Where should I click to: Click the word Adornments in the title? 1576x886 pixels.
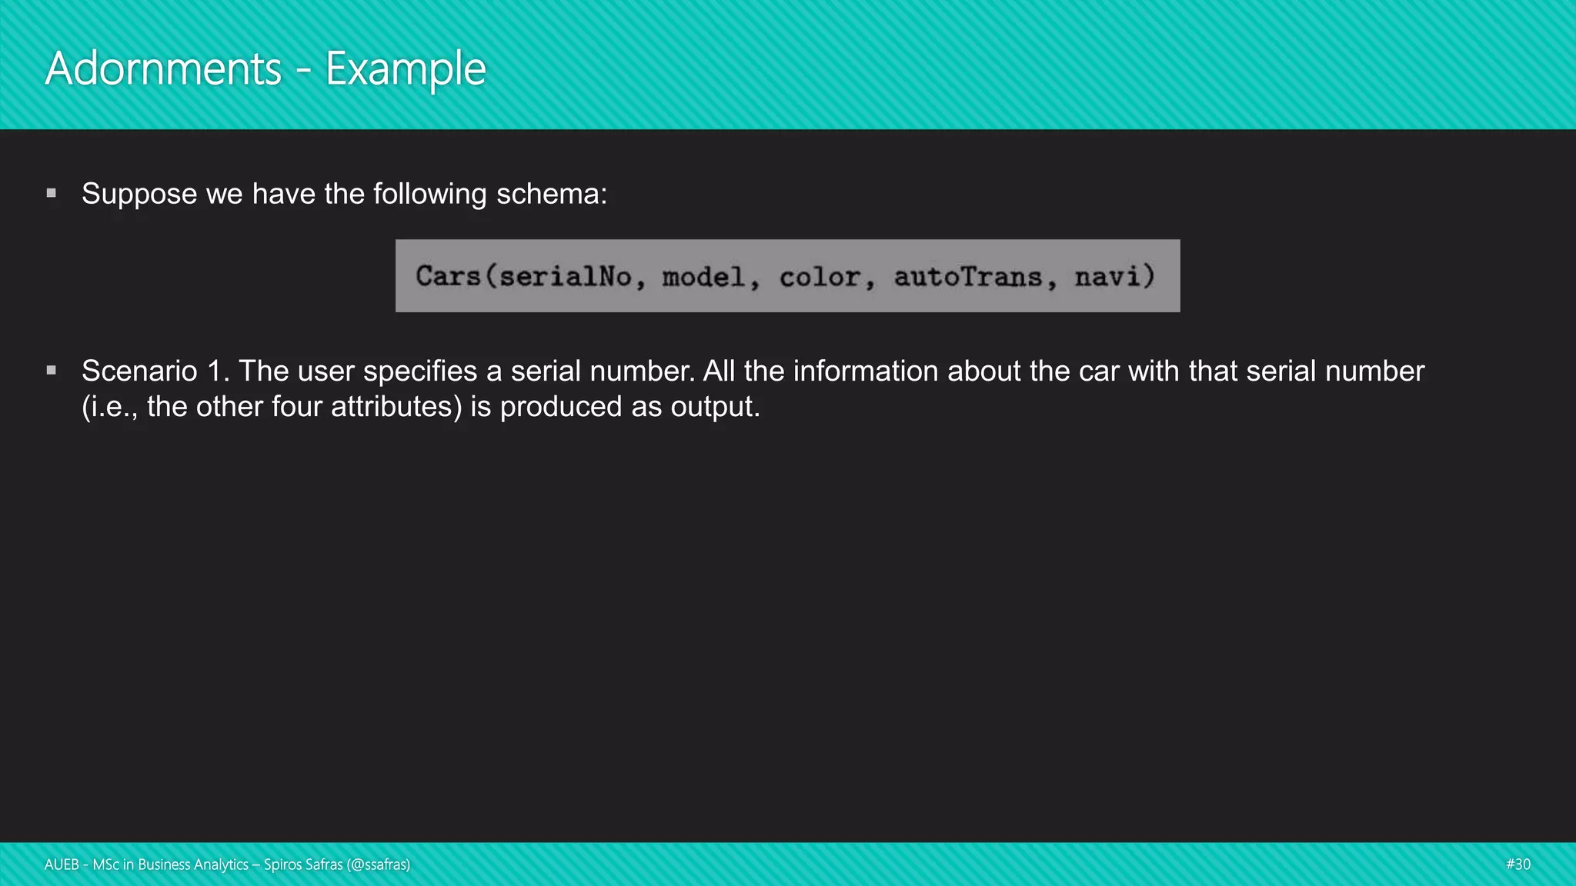(163, 69)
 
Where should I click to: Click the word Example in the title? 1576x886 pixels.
(406, 69)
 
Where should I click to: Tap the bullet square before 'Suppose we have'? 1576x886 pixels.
(52, 193)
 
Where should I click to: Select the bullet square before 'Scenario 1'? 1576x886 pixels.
(52, 371)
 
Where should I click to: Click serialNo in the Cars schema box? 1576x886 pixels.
(566, 276)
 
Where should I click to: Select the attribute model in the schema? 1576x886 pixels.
(703, 276)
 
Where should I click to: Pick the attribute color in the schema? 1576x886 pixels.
(820, 276)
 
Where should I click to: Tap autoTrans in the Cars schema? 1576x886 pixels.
(967, 276)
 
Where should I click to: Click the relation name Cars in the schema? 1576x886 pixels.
(448, 276)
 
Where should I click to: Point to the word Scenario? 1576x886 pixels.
(139, 371)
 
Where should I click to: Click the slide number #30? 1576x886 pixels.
(1518, 864)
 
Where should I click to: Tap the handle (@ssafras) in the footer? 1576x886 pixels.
(378, 864)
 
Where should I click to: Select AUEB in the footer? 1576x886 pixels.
(62, 864)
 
